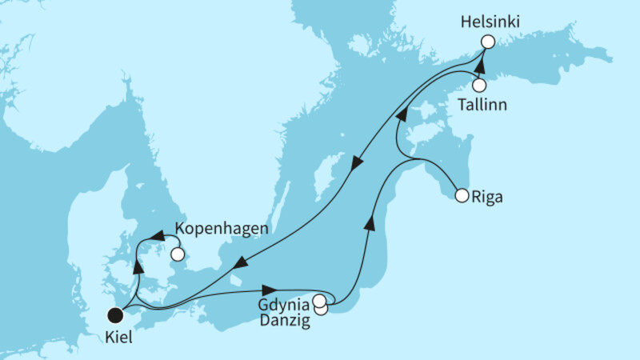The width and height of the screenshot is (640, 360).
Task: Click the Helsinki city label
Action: pos(489,23)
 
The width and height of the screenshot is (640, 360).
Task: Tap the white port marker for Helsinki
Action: pos(486,42)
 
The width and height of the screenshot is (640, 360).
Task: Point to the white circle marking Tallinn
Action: pos(478,85)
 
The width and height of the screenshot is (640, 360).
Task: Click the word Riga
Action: pos(489,195)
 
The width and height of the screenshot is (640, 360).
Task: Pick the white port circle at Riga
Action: pos(461,194)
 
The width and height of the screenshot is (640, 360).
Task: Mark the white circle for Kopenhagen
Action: pos(178,255)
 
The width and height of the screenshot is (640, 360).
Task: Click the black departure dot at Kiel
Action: pos(115,314)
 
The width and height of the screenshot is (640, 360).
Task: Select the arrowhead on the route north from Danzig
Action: pos(370,221)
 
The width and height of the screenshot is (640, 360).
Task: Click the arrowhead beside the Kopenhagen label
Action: pos(157,236)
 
